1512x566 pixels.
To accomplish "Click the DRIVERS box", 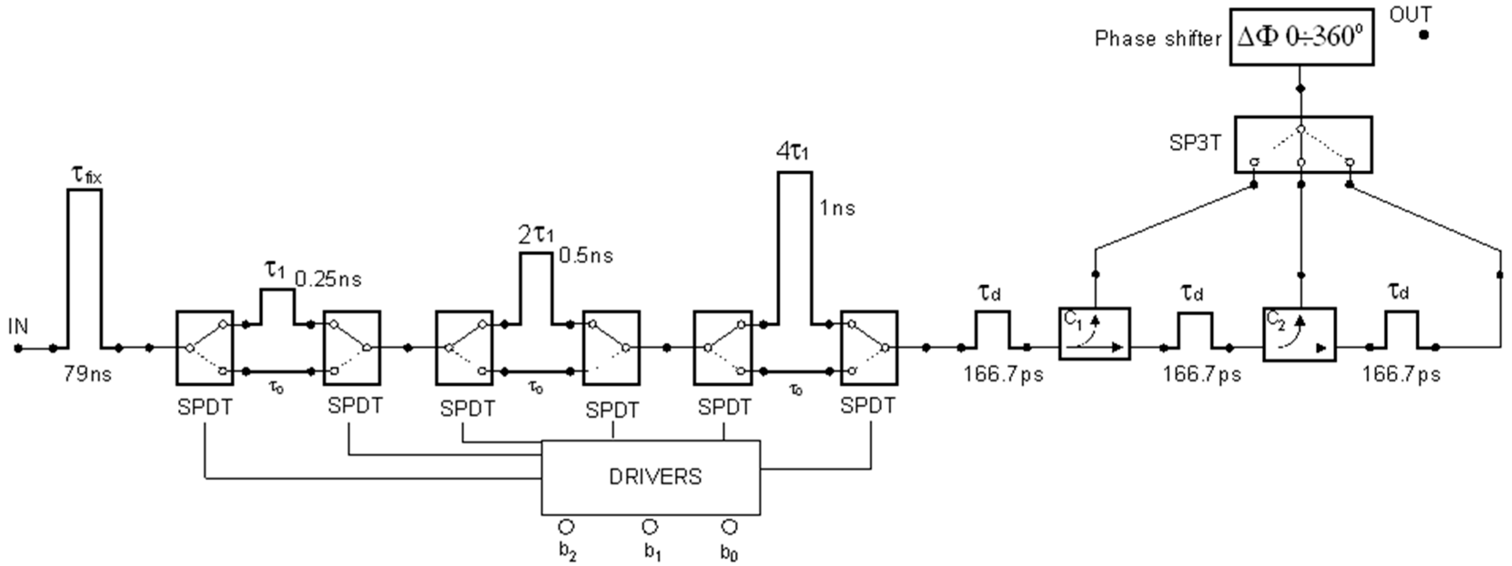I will pyautogui.click(x=650, y=477).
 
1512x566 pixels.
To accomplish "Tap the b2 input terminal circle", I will pyautogui.click(x=566, y=527).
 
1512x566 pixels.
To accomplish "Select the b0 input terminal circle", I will pyautogui.click(x=729, y=527).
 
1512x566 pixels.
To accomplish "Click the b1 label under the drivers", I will pyautogui.click(x=652, y=552).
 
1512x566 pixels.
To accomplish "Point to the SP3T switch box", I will pyautogui.click(x=1303, y=144).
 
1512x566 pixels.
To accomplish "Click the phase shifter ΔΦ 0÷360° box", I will pyautogui.click(x=1301, y=37).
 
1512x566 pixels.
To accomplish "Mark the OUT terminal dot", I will pyautogui.click(x=1423, y=35).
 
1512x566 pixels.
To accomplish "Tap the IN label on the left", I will pyautogui.click(x=18, y=326).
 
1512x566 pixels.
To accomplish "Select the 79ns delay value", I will pyautogui.click(x=88, y=373).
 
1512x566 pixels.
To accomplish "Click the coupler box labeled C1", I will pyautogui.click(x=1094, y=333).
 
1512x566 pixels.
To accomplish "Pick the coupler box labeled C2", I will pyautogui.click(x=1299, y=334).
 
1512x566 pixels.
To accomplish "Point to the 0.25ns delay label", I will pyautogui.click(x=328, y=279).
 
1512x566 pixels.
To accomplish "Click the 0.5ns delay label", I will pyautogui.click(x=586, y=255).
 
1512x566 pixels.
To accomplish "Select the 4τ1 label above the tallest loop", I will pyautogui.click(x=792, y=152).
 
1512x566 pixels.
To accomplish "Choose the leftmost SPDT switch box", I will pyautogui.click(x=205, y=348).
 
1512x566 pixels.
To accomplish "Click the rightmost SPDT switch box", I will pyautogui.click(x=869, y=348).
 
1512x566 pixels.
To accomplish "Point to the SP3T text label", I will pyautogui.click(x=1195, y=142).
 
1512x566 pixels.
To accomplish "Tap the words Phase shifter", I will pyautogui.click(x=1157, y=39).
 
